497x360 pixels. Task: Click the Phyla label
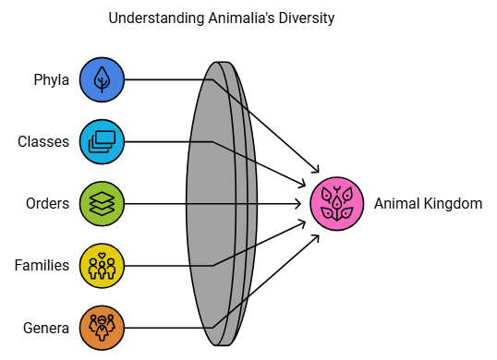click(52, 79)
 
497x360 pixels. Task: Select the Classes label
click(43, 141)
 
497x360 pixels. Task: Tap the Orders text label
click(47, 203)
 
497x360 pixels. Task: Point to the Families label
click(42, 265)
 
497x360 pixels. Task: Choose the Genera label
click(46, 327)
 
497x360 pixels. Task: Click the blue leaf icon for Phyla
click(102, 79)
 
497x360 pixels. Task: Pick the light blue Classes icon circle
click(102, 141)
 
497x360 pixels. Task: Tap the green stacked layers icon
click(102, 203)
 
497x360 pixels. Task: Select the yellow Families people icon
click(102, 265)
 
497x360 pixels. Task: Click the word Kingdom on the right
click(453, 203)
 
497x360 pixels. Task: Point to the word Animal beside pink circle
click(396, 203)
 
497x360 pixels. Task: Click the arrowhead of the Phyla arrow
click(317, 171)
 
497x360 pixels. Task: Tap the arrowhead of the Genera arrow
click(318, 236)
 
